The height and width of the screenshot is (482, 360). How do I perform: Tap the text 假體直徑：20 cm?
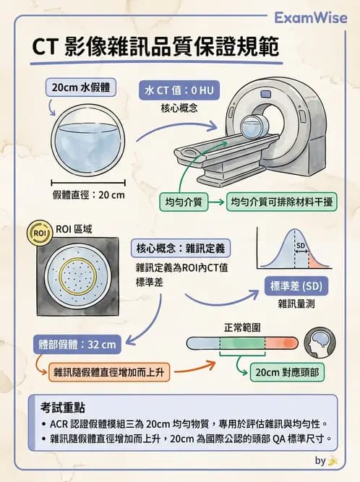tap(89, 196)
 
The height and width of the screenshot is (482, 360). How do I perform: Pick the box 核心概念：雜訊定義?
tap(180, 249)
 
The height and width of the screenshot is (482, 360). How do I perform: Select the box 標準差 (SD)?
tap(296, 285)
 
